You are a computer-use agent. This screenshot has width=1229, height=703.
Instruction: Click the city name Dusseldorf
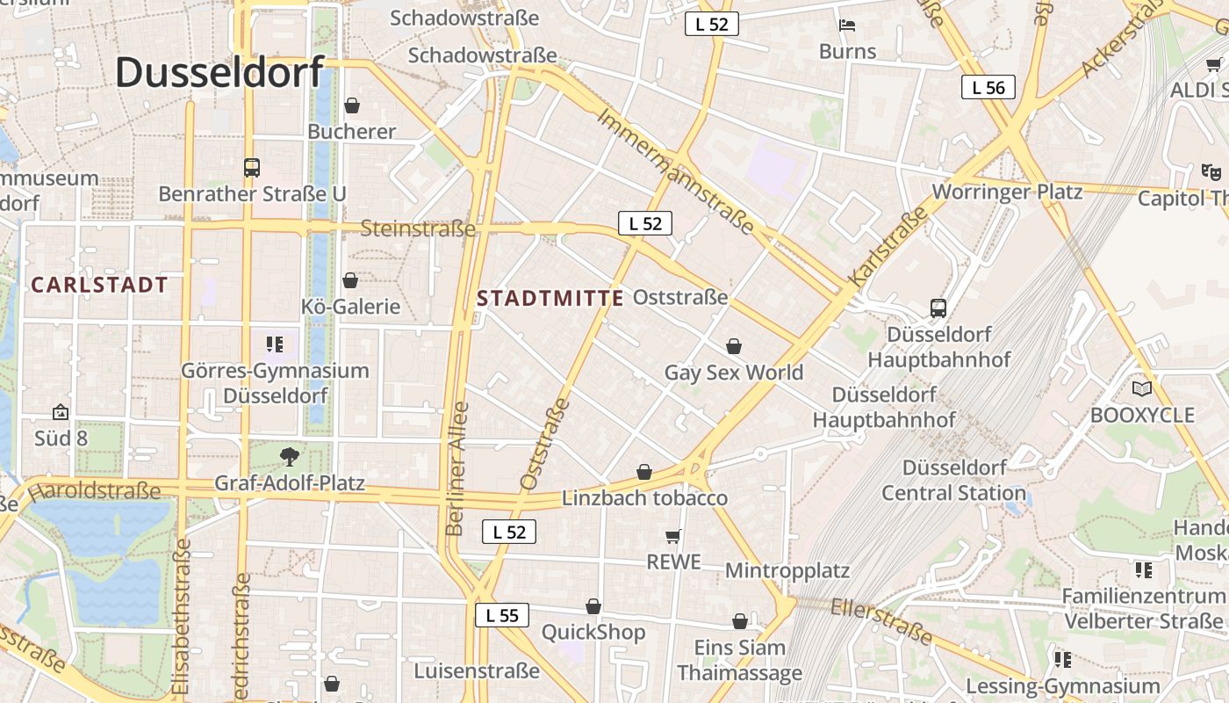[x=219, y=71]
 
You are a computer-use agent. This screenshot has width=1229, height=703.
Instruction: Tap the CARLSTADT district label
[x=99, y=285]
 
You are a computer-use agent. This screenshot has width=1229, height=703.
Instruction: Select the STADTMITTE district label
[x=550, y=298]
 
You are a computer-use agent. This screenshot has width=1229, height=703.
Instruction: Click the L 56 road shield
[x=988, y=87]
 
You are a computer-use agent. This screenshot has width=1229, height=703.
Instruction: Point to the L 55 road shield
[x=502, y=615]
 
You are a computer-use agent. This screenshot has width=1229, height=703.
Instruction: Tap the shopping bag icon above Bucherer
[x=352, y=105]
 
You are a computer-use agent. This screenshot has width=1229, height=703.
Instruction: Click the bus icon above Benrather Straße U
[x=252, y=167]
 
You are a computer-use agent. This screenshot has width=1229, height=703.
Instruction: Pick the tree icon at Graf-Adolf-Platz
[x=289, y=456]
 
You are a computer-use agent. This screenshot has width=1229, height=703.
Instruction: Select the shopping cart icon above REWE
[x=673, y=536]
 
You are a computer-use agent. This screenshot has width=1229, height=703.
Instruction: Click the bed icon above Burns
[x=847, y=25]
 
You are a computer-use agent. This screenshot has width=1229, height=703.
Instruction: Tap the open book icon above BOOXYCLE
[x=1142, y=388]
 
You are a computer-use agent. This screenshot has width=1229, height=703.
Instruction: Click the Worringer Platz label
[x=1007, y=192]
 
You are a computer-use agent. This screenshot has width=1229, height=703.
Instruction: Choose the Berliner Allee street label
[x=457, y=469]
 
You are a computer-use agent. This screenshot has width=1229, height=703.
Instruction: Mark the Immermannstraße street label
[x=675, y=171]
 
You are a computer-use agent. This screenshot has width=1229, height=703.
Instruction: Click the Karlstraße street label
[x=888, y=246]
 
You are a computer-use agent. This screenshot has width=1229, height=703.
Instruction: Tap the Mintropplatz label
[x=787, y=570]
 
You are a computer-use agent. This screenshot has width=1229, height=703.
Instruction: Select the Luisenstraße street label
[x=477, y=671]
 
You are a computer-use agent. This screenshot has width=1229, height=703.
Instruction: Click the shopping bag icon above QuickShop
[x=593, y=606]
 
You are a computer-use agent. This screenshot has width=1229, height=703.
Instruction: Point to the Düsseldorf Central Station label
[x=954, y=480]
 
